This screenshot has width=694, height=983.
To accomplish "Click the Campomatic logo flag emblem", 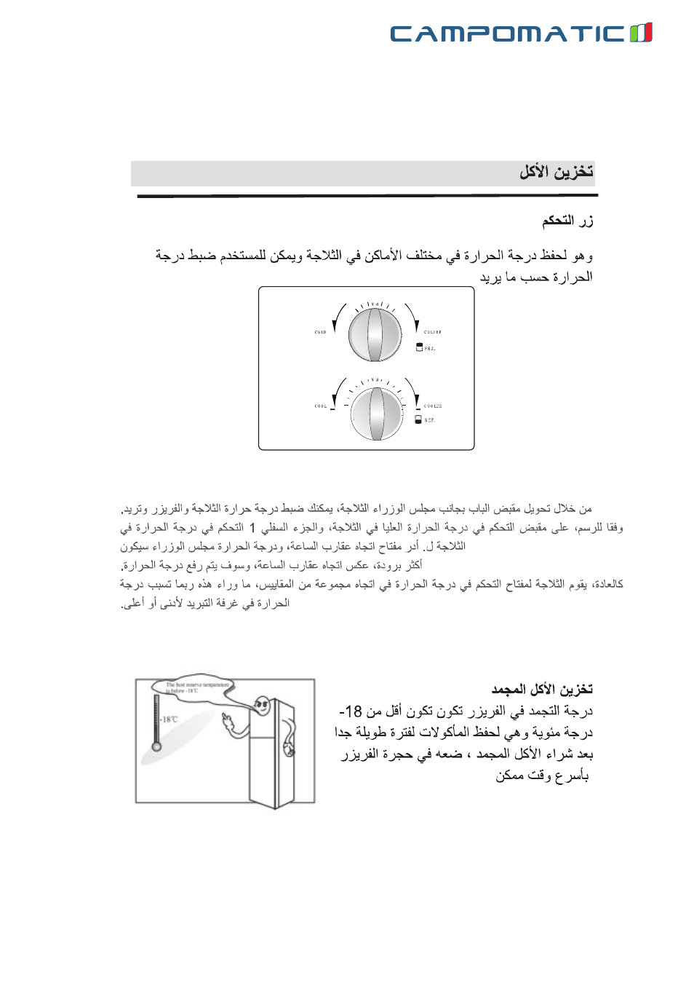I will [641, 33].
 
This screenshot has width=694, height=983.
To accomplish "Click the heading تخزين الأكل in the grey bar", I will [556, 172].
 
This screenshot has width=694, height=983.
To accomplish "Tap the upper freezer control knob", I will [375, 335].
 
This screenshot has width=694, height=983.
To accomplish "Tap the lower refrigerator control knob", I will [376, 413].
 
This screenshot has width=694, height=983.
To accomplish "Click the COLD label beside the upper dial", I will [320, 332].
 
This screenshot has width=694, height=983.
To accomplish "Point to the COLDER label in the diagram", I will [433, 332].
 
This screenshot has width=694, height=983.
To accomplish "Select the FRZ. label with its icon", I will [426, 348].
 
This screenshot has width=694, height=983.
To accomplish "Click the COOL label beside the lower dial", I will [321, 406].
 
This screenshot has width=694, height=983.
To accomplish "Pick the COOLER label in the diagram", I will [433, 406].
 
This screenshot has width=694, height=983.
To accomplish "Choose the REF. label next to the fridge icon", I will [426, 420].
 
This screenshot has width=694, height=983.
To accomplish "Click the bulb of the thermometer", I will [156, 746].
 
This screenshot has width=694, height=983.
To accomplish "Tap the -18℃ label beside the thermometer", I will [169, 719].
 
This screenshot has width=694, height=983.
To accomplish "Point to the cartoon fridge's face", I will [262, 705].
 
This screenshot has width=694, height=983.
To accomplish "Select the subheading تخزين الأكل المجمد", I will [542, 689].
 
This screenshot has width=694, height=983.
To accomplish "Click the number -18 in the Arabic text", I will [351, 711].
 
